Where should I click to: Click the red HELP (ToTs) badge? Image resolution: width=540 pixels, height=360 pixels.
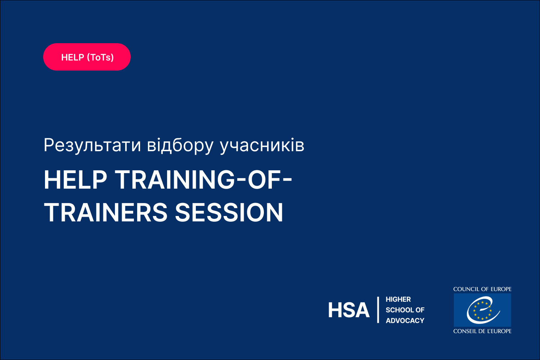click(87, 57)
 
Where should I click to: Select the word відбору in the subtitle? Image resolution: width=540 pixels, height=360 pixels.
click(180, 145)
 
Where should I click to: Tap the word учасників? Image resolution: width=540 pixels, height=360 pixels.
click(262, 145)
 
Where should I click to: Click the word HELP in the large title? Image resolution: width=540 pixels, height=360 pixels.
click(75, 180)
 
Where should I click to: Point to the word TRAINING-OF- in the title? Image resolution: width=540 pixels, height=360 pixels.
click(204, 180)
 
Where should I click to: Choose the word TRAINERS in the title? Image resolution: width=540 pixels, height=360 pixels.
click(105, 212)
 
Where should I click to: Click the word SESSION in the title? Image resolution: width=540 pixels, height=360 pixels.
click(229, 212)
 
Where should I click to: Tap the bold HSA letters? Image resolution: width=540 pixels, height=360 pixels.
click(348, 310)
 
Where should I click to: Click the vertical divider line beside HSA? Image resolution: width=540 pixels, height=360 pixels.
click(378, 310)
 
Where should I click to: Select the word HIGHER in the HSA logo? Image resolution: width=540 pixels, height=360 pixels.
click(398, 299)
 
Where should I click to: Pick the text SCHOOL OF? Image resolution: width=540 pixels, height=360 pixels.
click(405, 310)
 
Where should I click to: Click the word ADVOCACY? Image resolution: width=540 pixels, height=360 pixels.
click(405, 320)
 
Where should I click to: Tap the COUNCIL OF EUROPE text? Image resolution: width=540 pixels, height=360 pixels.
click(482, 289)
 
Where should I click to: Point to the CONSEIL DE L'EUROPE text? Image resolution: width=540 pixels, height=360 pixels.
click(482, 331)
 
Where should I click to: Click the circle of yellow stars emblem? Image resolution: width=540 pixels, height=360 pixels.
click(482, 310)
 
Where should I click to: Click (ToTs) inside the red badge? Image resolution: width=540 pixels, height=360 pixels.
click(100, 57)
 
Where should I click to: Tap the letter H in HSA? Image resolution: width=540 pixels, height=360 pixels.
click(334, 310)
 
